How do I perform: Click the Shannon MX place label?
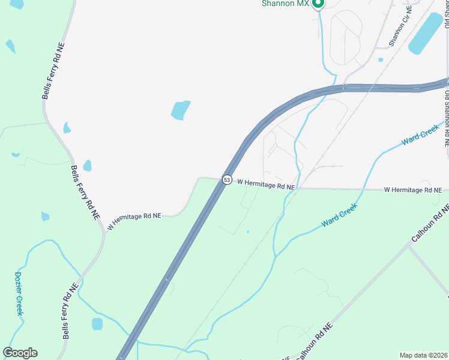pyautogui.click(x=285, y=4)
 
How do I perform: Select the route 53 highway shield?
pyautogui.click(x=226, y=179)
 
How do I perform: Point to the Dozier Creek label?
pyautogui.click(x=18, y=293)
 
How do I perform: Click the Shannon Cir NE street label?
pyautogui.click(x=401, y=27)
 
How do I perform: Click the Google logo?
pyautogui.click(x=20, y=353)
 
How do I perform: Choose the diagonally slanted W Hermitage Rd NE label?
pyautogui.click(x=134, y=221)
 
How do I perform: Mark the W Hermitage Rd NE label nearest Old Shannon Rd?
pyautogui.click(x=412, y=190)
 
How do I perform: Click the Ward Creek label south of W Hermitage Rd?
pyautogui.click(x=339, y=214)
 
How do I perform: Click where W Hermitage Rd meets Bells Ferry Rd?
pyautogui.click(x=104, y=230)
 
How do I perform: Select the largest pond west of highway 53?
pyautogui.click(x=180, y=110)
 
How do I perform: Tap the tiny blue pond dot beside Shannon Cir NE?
pyautogui.click(x=381, y=59)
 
